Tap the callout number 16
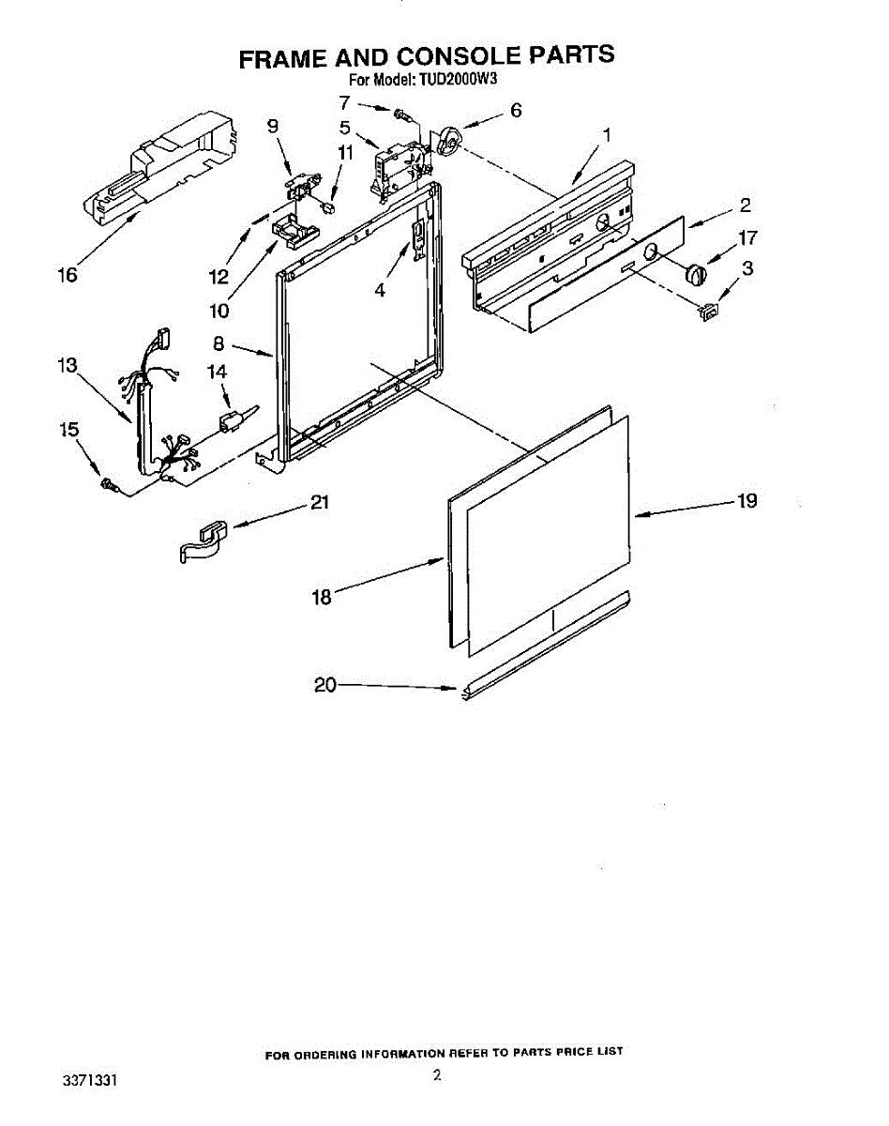(x=67, y=276)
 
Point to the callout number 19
(x=746, y=501)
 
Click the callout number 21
(x=320, y=503)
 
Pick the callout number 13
(x=67, y=366)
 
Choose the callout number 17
(x=747, y=237)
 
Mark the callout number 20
(x=324, y=686)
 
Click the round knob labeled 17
(x=696, y=274)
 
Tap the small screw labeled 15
(x=107, y=484)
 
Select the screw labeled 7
(x=402, y=115)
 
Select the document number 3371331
(x=90, y=1082)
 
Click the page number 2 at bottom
(x=437, y=1076)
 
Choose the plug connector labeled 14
(x=232, y=420)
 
